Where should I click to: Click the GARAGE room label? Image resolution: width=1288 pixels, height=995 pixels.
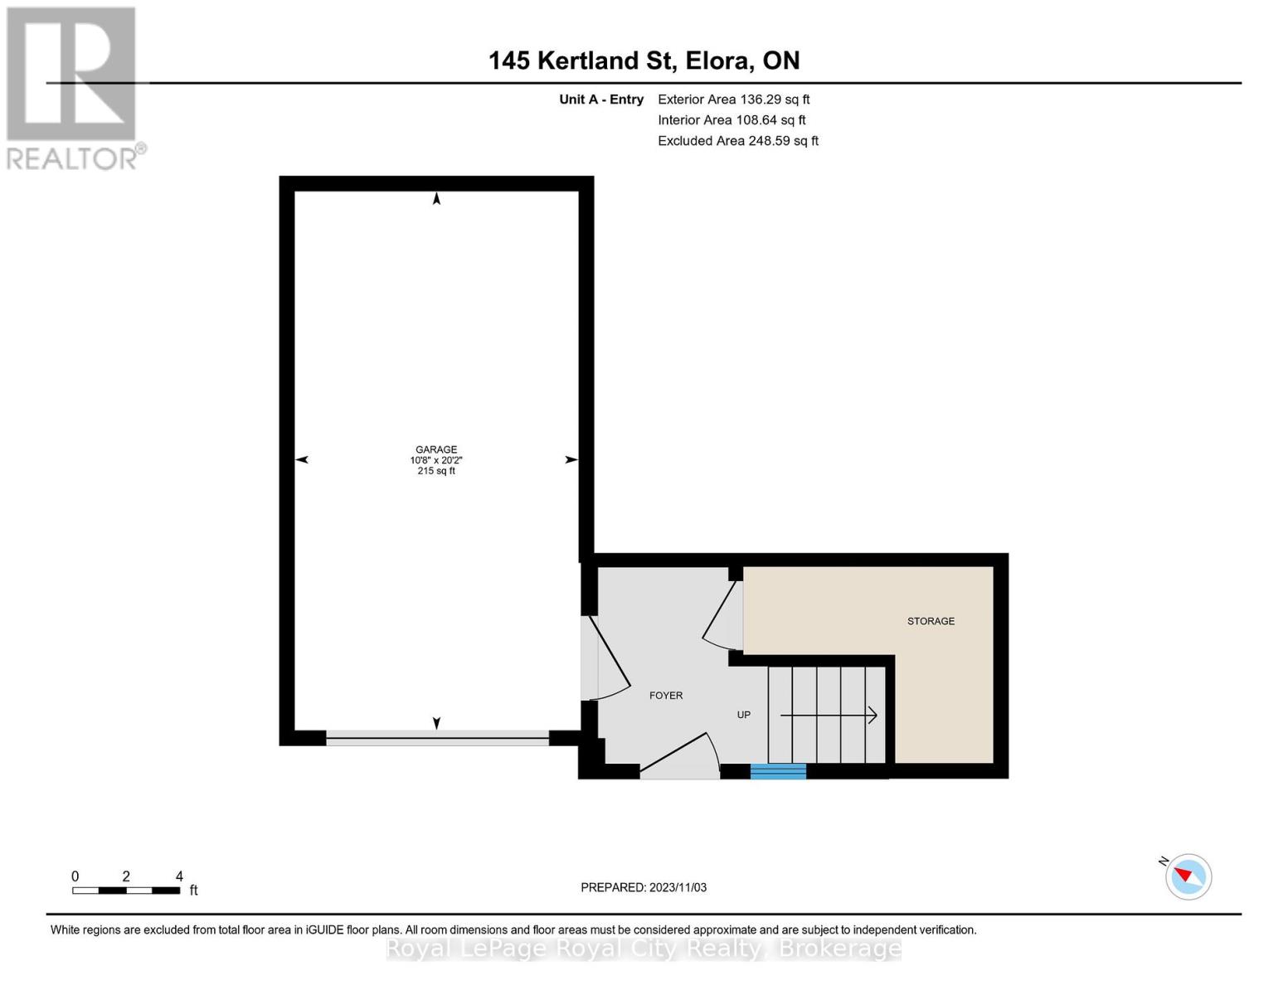(436, 450)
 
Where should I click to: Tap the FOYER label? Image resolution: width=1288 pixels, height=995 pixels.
(666, 696)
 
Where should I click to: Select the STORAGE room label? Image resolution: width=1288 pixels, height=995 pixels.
(931, 621)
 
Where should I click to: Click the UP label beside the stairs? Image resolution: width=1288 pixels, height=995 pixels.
(744, 715)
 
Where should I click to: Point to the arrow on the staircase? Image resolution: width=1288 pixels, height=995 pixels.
(829, 715)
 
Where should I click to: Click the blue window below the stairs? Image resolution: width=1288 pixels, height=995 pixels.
(778, 771)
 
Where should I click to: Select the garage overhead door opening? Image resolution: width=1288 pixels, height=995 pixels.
(437, 738)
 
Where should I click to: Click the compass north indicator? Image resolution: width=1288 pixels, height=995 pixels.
(1188, 876)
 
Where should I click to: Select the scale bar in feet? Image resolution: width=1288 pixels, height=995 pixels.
(126, 891)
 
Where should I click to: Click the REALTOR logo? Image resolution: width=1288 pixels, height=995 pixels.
(72, 88)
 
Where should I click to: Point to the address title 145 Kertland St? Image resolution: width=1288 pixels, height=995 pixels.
(644, 61)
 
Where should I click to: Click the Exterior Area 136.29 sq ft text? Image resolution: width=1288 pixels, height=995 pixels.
(733, 99)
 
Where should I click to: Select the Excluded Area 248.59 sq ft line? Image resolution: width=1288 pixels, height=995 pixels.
(737, 141)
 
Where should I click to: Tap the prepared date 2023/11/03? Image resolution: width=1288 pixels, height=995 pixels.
(644, 887)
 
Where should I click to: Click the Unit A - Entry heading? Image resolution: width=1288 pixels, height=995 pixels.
(601, 99)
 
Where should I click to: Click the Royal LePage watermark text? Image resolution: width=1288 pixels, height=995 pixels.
(644, 949)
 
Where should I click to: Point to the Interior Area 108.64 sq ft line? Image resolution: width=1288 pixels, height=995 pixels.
(731, 120)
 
